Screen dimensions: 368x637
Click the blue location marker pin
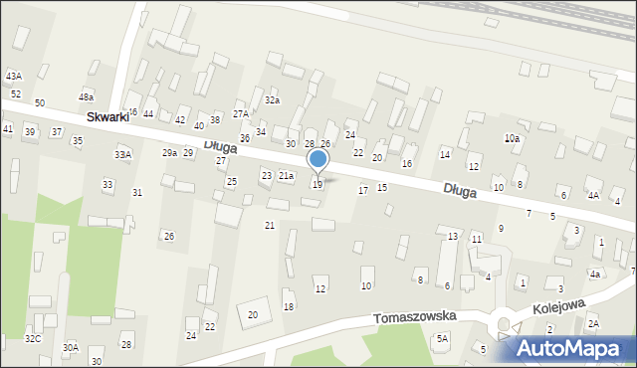coord(318,160)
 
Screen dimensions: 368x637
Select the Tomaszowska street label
coord(415,317)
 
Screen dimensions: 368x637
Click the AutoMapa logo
coord(576,348)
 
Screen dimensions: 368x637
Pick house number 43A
coord(13,77)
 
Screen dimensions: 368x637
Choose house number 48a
coord(87,96)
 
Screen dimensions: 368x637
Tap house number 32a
coord(272,100)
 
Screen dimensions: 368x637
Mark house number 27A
coord(241,114)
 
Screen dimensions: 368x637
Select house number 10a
coord(512,138)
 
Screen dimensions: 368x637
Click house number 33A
coord(122,155)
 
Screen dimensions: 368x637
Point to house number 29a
coord(169,153)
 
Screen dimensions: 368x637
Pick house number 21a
coord(286,176)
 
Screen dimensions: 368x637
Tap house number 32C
coord(33,339)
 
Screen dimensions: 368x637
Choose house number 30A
coord(70,348)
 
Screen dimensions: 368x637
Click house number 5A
coord(442,339)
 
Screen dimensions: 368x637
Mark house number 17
coord(363,190)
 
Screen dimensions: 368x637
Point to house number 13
coord(453,236)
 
